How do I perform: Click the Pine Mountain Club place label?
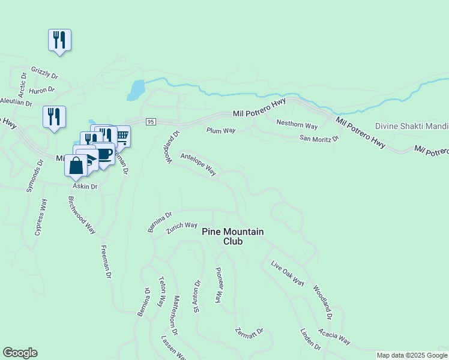(x=233, y=236)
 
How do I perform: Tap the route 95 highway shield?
(x=151, y=122)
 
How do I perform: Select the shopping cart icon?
(x=122, y=136)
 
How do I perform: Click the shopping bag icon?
(x=76, y=165)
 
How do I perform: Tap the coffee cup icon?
(x=104, y=154)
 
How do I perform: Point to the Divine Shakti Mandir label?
(x=412, y=127)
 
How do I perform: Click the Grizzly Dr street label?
(x=44, y=73)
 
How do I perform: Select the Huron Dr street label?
(x=42, y=90)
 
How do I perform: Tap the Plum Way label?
(x=221, y=130)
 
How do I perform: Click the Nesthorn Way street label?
(x=297, y=125)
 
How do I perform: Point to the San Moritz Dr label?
(x=319, y=138)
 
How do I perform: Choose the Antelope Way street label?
(x=198, y=163)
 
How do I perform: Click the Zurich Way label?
(x=183, y=226)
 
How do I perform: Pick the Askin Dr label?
(x=86, y=187)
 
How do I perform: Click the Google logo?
(x=20, y=353)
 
